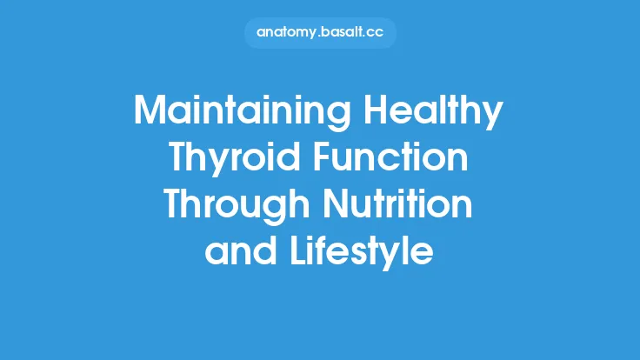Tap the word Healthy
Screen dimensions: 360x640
click(x=440, y=113)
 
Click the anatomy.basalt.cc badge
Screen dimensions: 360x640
click(x=319, y=33)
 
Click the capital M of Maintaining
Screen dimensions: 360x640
click(x=150, y=113)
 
